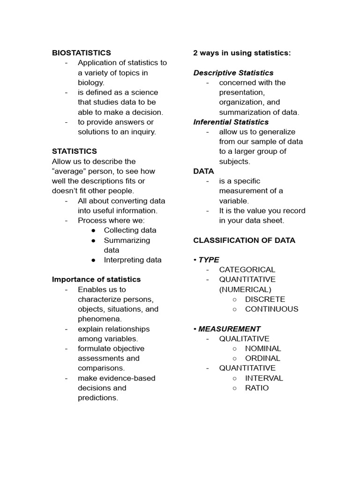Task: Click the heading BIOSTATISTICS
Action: pyautogui.click(x=82, y=53)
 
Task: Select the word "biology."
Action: pyautogui.click(x=91, y=82)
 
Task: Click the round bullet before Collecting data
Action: pyautogui.click(x=94, y=230)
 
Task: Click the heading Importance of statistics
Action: pyautogui.click(x=96, y=279)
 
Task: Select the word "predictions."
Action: pyautogui.click(x=98, y=397)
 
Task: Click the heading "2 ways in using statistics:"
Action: pyautogui.click(x=242, y=53)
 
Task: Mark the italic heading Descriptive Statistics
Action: pyautogui.click(x=233, y=73)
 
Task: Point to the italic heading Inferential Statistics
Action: pyautogui.click(x=231, y=122)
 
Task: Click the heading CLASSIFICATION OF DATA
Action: pyautogui.click(x=244, y=240)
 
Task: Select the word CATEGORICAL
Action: pyautogui.click(x=247, y=270)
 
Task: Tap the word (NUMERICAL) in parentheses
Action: pyautogui.click(x=245, y=289)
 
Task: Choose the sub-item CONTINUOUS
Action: pyautogui.click(x=271, y=309)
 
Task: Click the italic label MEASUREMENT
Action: pyautogui.click(x=229, y=329)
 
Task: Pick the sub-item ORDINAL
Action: pyautogui.click(x=262, y=358)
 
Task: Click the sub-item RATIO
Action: pyautogui.click(x=257, y=388)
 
